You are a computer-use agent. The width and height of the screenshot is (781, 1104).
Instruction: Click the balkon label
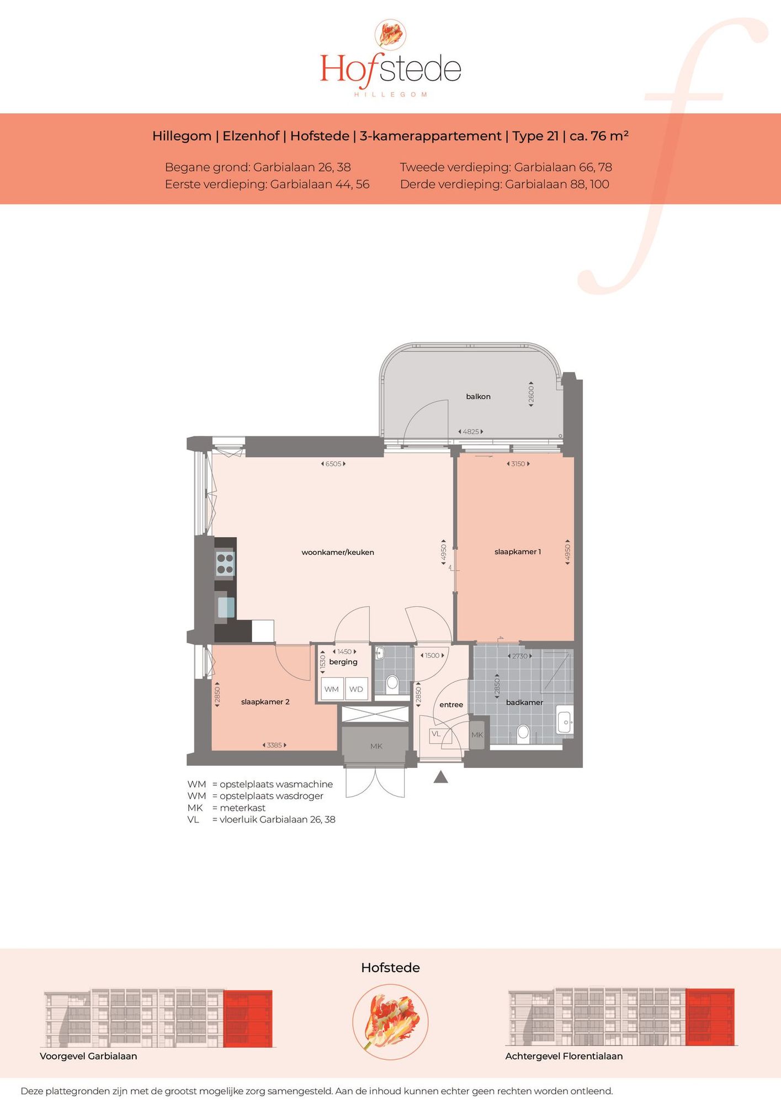(478, 396)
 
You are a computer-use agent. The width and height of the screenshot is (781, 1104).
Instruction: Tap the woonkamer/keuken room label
(338, 552)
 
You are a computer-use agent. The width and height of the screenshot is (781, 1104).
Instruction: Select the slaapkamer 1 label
(518, 551)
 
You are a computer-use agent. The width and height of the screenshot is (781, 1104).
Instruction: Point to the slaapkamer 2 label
(265, 702)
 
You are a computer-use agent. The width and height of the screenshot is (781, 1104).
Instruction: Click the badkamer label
(524, 702)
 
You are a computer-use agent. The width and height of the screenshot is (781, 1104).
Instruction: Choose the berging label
(343, 662)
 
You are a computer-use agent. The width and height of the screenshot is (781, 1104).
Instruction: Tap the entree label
(451, 704)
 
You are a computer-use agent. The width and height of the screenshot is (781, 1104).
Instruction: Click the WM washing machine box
(332, 689)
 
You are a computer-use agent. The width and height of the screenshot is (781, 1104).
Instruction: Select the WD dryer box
(356, 689)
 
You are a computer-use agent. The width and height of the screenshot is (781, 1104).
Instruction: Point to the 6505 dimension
(333, 464)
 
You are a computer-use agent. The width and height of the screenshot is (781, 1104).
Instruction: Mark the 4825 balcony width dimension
(471, 432)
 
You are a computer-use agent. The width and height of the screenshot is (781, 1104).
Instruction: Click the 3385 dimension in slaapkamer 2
(274, 745)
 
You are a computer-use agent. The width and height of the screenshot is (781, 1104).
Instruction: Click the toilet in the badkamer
(523, 734)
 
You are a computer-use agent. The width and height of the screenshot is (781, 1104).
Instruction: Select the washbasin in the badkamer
(565, 720)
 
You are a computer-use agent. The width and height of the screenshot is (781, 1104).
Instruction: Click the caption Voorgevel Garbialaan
(88, 1056)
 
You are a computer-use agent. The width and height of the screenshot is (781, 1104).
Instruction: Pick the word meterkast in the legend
(242, 808)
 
